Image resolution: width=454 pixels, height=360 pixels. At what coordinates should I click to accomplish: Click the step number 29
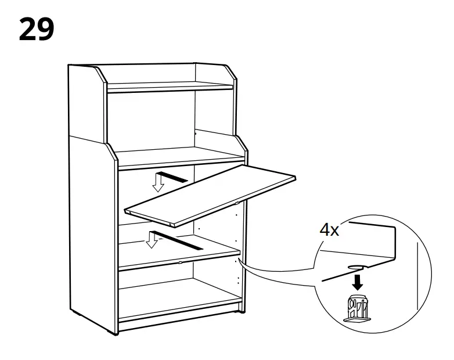(37, 29)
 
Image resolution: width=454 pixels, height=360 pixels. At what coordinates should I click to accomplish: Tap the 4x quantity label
(330, 230)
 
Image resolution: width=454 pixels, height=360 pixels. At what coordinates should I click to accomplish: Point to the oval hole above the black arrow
(356, 268)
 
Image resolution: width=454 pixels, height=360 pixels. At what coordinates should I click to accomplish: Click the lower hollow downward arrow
(153, 239)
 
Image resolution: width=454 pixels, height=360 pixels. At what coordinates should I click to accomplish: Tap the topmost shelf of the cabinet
(170, 88)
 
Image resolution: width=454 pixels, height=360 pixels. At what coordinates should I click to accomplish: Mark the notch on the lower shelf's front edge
(181, 262)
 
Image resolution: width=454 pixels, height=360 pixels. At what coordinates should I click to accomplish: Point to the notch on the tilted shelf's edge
(237, 203)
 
